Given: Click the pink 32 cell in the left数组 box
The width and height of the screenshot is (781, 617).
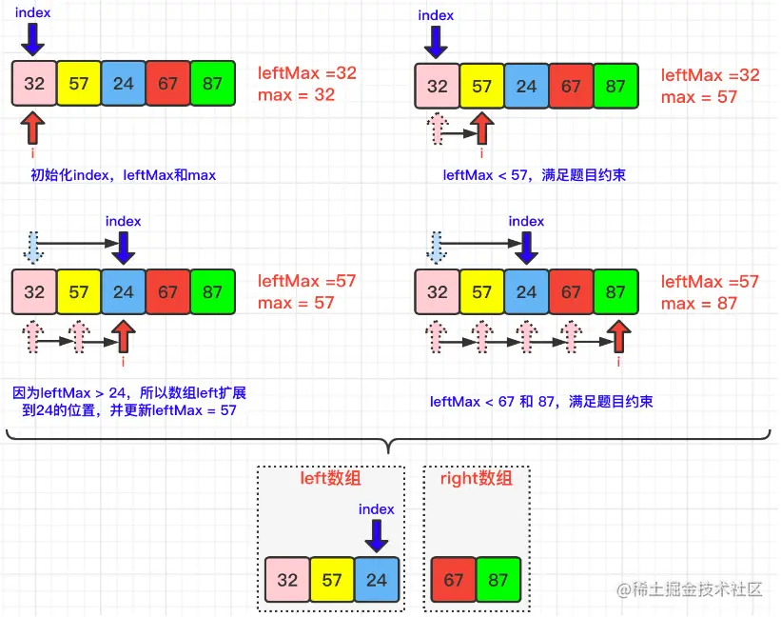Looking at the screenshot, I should [287, 579].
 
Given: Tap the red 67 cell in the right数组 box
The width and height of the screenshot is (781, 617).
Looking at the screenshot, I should [454, 579].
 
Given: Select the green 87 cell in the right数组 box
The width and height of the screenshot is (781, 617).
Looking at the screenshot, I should [498, 579].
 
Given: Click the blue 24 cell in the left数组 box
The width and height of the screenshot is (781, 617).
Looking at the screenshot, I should [377, 579].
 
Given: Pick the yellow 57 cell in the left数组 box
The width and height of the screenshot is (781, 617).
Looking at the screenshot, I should [332, 579].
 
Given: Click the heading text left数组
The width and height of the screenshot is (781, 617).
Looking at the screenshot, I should [331, 478].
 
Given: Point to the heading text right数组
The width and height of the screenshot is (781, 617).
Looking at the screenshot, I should [476, 478].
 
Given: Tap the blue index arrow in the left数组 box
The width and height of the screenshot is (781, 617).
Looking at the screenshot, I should [377, 536].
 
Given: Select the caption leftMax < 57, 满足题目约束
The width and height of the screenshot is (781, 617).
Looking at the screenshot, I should [534, 175].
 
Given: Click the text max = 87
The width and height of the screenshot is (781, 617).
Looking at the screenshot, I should [699, 304].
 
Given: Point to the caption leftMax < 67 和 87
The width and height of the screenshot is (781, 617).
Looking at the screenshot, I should [541, 402].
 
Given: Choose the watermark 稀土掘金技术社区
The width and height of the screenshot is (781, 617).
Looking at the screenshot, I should [691, 589].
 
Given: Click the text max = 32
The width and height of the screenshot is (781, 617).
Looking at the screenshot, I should [296, 95].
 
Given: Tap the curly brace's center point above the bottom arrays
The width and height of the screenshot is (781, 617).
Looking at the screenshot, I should [387, 446].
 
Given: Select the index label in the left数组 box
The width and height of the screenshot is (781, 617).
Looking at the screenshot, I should [377, 509].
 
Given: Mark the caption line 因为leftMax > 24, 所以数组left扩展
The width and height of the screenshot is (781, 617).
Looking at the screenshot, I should [130, 392].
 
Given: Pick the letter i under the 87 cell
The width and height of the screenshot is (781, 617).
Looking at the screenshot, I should [619, 361].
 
